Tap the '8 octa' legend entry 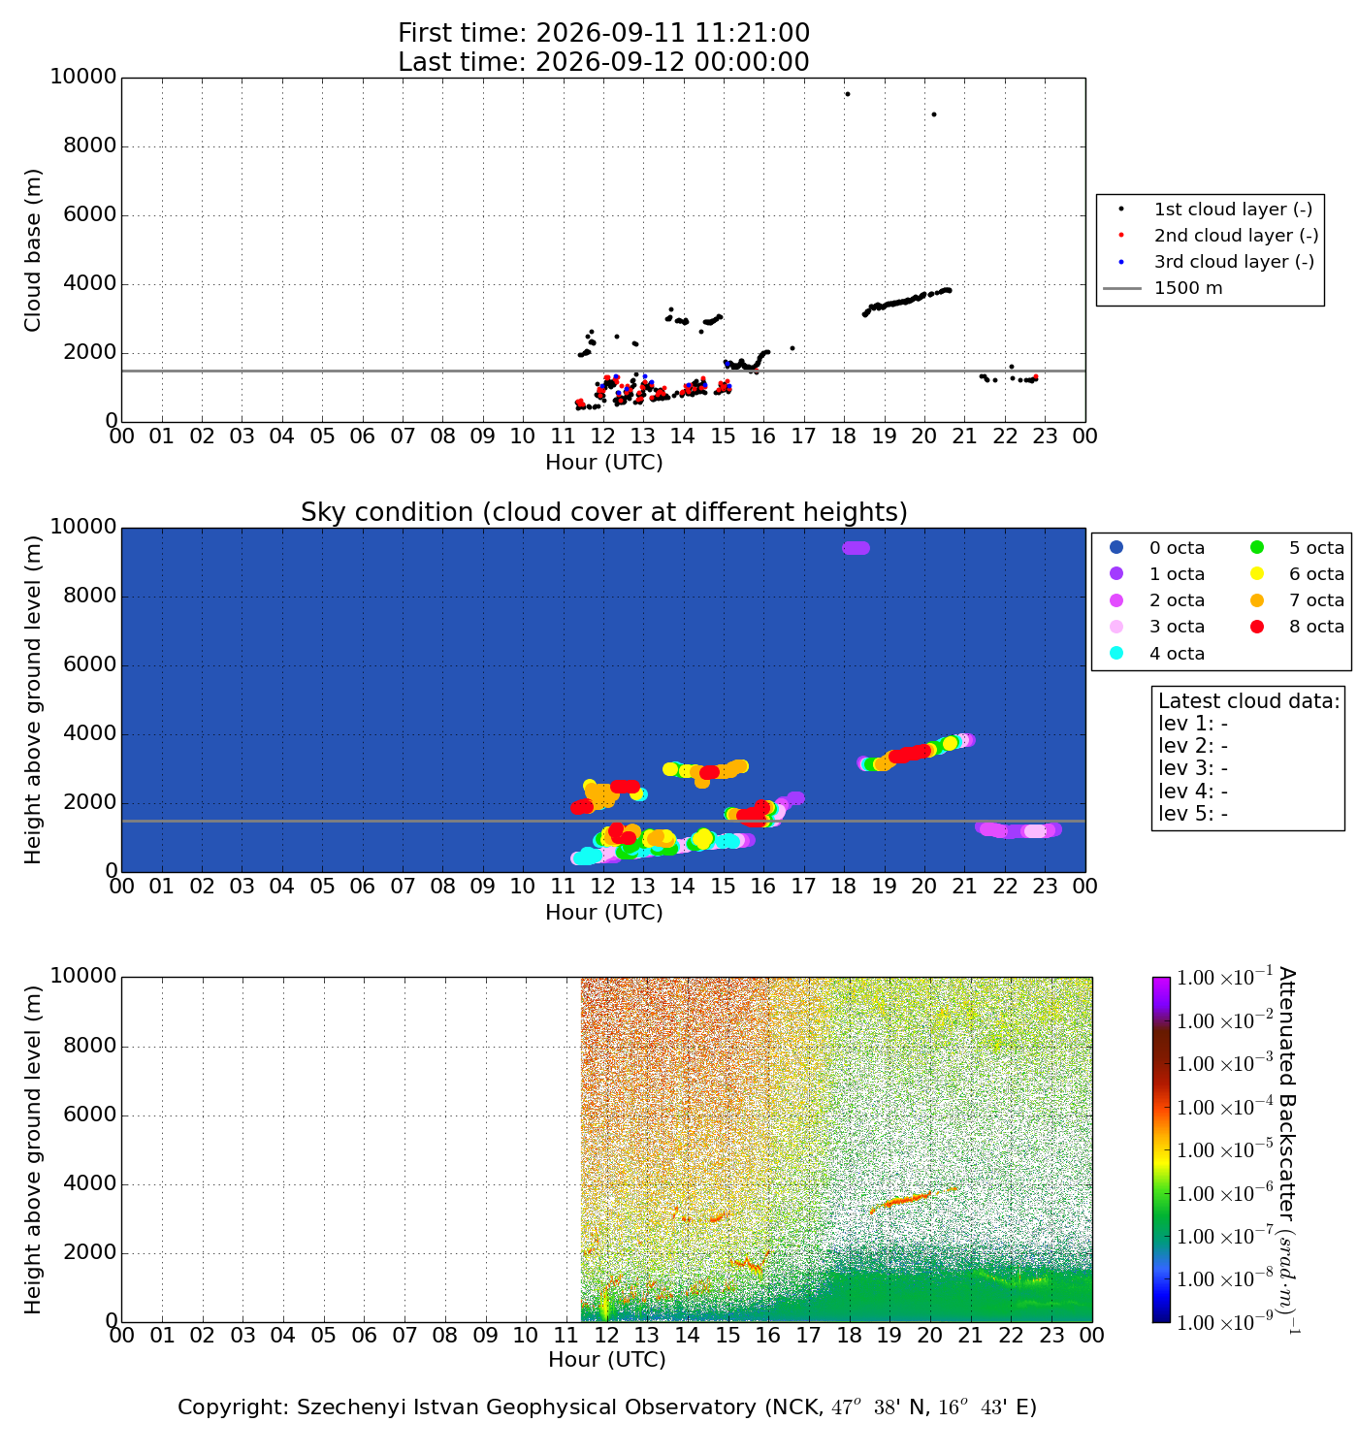click(1297, 627)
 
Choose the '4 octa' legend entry click(1158, 653)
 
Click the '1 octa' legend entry click(1158, 573)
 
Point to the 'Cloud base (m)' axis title click(32, 250)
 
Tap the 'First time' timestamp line click(603, 33)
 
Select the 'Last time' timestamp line click(603, 61)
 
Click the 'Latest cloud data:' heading click(1248, 701)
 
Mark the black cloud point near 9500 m click(847, 94)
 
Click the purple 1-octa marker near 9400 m click(856, 548)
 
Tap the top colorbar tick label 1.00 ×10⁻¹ click(1224, 977)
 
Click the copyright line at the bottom click(606, 1407)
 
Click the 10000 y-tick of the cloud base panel click(83, 77)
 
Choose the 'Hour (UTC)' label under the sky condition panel click(604, 912)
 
